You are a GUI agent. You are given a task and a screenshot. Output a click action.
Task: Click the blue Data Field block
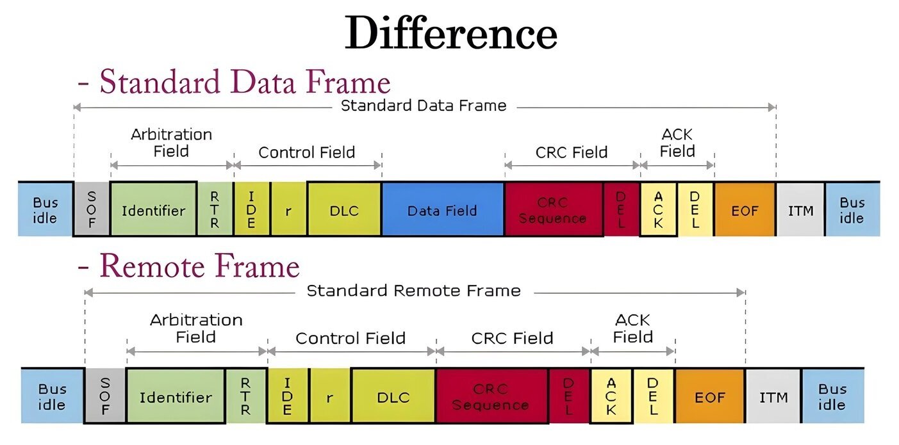(443, 209)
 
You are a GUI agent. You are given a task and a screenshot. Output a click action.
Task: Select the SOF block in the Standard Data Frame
(92, 209)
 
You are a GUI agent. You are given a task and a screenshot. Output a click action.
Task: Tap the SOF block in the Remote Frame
(105, 396)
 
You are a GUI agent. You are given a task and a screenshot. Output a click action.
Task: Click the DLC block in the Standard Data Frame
(344, 209)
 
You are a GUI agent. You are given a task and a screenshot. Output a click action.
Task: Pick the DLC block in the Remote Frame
(393, 396)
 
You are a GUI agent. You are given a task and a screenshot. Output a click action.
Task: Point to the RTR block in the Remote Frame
(245, 396)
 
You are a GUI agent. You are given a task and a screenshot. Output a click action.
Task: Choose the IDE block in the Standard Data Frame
(252, 209)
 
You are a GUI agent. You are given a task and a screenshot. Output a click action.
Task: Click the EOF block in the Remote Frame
(710, 396)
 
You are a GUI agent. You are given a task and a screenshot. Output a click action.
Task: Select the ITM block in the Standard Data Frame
(801, 209)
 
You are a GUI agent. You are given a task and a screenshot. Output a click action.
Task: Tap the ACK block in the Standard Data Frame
(659, 209)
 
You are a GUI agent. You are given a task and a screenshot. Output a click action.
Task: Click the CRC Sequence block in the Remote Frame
(491, 396)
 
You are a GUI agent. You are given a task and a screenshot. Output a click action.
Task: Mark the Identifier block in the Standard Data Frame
(154, 209)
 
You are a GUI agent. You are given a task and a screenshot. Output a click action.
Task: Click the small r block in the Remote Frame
(330, 396)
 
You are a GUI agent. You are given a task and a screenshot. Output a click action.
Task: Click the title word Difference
(451, 32)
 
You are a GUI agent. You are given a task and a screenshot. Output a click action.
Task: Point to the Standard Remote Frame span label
(414, 291)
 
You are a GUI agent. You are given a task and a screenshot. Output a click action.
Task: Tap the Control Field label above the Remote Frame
(351, 338)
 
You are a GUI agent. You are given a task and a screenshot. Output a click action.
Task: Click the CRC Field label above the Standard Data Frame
(572, 152)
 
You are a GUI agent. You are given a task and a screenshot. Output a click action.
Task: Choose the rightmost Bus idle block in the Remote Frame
(833, 396)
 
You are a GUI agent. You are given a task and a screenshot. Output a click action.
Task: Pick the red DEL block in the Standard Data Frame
(622, 209)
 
